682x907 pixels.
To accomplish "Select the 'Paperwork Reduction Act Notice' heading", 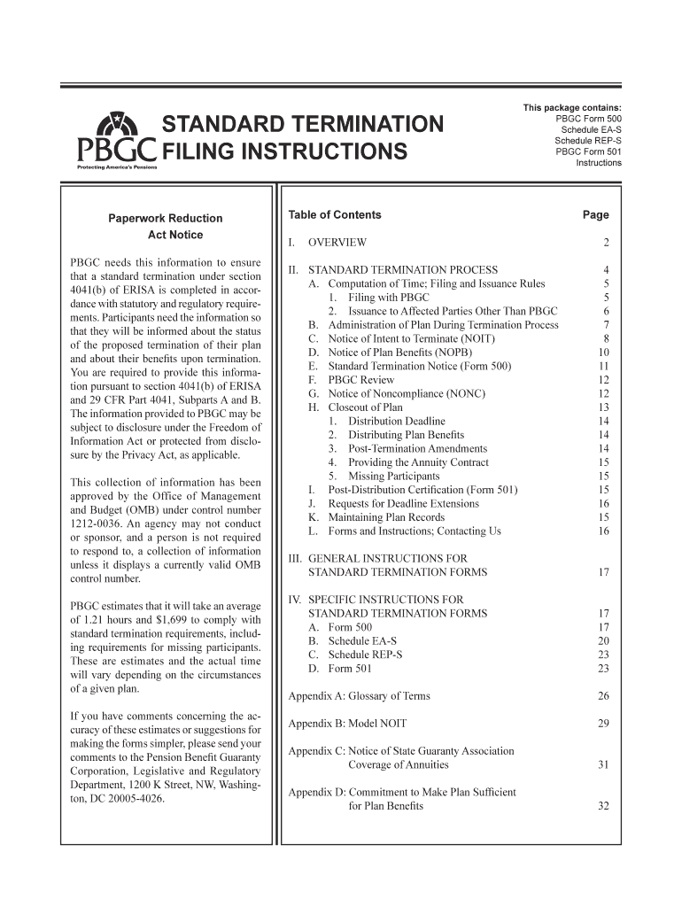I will (x=166, y=227).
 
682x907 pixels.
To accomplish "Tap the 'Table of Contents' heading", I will (x=335, y=214).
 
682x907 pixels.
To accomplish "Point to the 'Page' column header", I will (x=595, y=214).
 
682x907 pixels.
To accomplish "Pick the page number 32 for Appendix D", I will (x=603, y=806).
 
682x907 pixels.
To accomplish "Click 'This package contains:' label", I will (x=571, y=108).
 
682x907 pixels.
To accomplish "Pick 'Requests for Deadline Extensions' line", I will (x=403, y=503).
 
